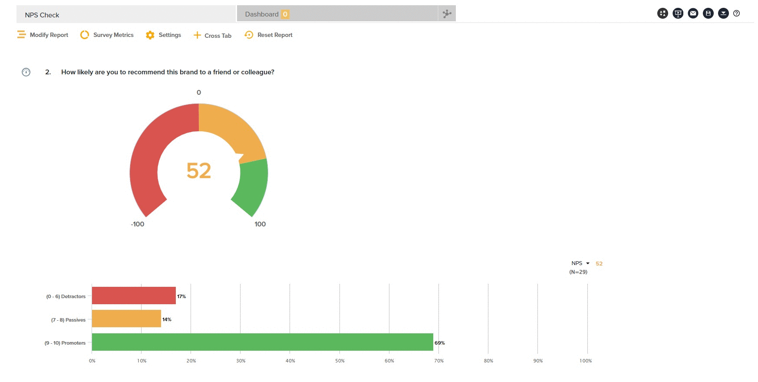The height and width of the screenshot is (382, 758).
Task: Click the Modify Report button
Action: (x=43, y=35)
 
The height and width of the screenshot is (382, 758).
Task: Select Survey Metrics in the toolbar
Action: (x=107, y=35)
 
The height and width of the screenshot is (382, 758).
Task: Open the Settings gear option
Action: (x=164, y=35)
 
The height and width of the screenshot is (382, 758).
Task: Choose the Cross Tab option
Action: (x=212, y=35)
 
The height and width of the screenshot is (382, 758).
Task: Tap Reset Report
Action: (x=269, y=35)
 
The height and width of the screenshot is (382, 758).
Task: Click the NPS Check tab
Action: (x=42, y=15)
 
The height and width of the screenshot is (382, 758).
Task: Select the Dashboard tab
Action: (x=262, y=14)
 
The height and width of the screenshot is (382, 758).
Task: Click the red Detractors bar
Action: (x=134, y=296)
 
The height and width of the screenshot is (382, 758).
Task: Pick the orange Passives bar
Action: (x=126, y=319)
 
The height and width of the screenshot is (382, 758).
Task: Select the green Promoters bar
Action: (x=262, y=342)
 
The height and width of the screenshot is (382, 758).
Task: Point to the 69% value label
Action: (x=440, y=343)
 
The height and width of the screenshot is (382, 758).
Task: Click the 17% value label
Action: (x=181, y=296)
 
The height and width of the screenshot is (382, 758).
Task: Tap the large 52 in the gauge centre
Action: (x=199, y=170)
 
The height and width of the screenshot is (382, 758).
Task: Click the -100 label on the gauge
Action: (x=138, y=224)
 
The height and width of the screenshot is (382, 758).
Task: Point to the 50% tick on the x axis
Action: (x=340, y=361)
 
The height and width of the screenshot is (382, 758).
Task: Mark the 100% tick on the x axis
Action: (x=586, y=361)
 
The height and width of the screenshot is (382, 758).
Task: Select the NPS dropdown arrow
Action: (x=588, y=263)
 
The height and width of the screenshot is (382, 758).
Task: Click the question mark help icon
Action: (x=736, y=13)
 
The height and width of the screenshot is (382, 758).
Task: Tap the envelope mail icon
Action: (x=693, y=13)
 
